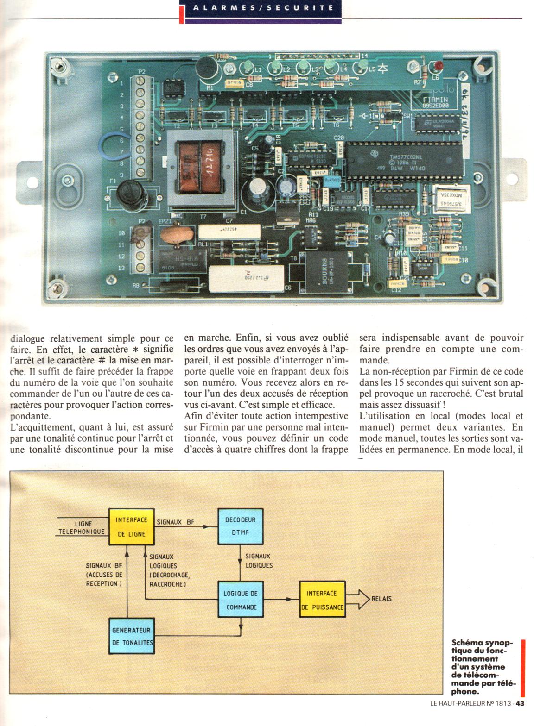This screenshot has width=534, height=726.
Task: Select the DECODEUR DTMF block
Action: coord(237,526)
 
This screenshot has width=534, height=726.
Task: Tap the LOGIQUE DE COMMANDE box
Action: coord(241,600)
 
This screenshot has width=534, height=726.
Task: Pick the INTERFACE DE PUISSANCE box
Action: coord(322,600)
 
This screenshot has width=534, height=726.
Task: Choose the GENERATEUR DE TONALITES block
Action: coord(132,636)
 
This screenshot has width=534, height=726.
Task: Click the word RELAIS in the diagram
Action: coord(381,598)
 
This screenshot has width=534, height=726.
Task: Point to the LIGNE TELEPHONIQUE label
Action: coord(83,528)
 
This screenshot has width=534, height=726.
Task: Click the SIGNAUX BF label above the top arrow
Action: coord(175,522)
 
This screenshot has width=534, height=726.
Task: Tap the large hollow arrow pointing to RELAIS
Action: coord(357,598)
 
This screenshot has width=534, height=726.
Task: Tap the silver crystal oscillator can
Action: coord(447,199)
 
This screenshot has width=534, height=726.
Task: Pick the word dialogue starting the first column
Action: coord(28,338)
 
